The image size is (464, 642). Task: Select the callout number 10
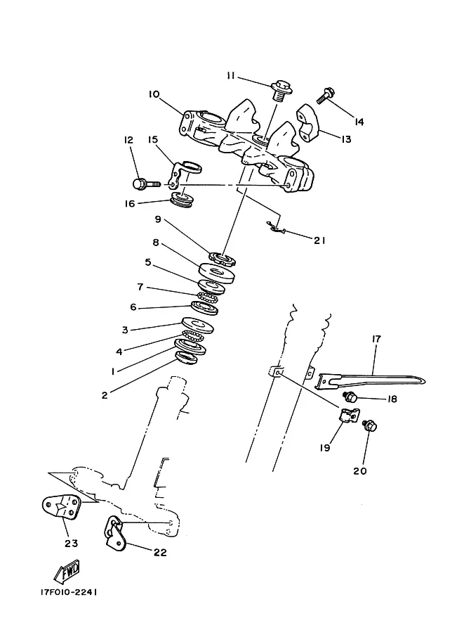154,95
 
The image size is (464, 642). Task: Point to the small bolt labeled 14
326,95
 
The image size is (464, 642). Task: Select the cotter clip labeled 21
276,228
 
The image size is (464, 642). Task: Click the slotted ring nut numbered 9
223,259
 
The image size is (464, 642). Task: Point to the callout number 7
140,287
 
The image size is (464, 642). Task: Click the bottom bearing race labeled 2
186,357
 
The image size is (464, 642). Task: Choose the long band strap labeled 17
371,379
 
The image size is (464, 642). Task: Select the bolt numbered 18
350,396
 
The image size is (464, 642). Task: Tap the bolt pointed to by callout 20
370,426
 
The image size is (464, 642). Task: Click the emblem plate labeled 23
61,506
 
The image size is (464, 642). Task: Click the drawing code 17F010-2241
69,593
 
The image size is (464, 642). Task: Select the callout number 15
152,140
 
